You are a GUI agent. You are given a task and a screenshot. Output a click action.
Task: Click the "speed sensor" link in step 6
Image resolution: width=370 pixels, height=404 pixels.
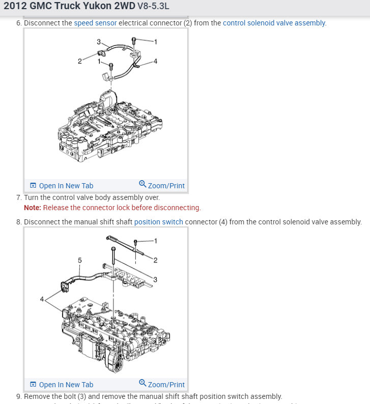[95, 23]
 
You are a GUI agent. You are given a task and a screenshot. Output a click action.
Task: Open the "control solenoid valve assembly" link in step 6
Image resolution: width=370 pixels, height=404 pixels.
[274, 23]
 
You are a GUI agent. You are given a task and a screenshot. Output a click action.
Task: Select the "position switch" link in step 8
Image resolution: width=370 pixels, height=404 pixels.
[158, 222]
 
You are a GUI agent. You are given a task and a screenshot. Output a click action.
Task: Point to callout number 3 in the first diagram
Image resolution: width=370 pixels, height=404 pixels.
[99, 41]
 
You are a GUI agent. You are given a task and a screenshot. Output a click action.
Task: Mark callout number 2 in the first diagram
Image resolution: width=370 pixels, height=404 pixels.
[80, 61]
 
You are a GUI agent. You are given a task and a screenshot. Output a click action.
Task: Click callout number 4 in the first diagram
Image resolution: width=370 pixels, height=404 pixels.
[155, 61]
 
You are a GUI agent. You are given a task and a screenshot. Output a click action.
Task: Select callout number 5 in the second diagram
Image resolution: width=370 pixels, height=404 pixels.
[79, 260]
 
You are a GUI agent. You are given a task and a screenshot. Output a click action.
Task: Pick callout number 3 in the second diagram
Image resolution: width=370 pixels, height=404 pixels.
[155, 279]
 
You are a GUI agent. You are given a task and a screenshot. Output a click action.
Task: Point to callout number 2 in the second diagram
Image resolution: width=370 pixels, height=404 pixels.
[155, 260]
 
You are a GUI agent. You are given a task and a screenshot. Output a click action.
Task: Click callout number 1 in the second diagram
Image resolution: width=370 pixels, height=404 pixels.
[155, 240]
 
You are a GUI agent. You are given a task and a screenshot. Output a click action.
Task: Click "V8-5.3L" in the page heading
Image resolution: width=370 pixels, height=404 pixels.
[153, 8]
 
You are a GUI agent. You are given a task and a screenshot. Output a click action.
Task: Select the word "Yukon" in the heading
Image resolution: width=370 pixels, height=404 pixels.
[97, 8]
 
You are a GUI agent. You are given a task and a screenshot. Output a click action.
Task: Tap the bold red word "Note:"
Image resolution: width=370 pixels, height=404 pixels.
[32, 208]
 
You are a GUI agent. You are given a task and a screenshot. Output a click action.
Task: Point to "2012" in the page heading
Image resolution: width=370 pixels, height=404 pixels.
[15, 8]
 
